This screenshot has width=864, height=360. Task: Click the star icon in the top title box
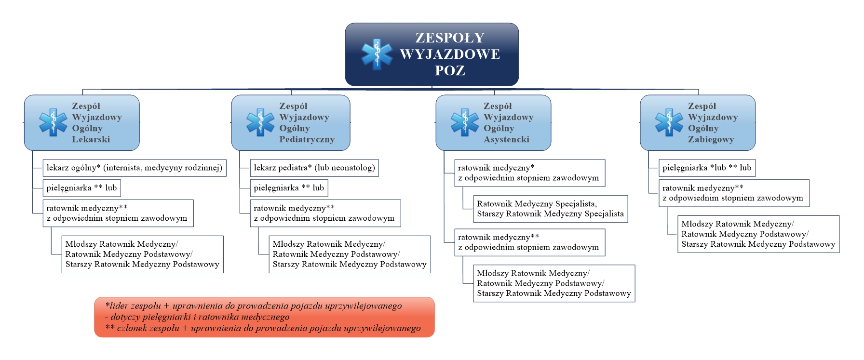pyautogui.click(x=377, y=54)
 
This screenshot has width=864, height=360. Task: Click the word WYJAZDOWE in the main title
pyautogui.click(x=450, y=54)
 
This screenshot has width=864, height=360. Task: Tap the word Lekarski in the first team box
pyautogui.click(x=91, y=139)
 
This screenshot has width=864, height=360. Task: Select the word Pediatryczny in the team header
pyautogui.click(x=307, y=139)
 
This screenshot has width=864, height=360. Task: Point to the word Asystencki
pyautogui.click(x=506, y=139)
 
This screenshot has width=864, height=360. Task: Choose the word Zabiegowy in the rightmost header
pyautogui.click(x=711, y=139)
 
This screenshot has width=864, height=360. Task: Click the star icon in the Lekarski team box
pyautogui.click(x=53, y=122)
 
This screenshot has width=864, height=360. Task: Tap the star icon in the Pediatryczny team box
pyautogui.click(x=260, y=122)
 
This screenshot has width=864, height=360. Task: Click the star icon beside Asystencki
pyautogui.click(x=465, y=122)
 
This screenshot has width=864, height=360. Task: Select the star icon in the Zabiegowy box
pyautogui.click(x=669, y=122)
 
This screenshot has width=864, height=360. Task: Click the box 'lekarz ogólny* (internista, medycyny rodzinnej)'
pyautogui.click(x=135, y=168)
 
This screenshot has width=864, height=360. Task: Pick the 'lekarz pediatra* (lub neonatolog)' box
pyautogui.click(x=314, y=168)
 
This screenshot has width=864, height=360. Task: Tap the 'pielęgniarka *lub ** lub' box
pyautogui.click(x=707, y=168)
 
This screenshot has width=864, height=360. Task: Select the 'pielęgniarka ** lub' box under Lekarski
pyautogui.click(x=81, y=188)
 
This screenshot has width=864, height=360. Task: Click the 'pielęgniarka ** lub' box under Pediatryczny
pyautogui.click(x=289, y=188)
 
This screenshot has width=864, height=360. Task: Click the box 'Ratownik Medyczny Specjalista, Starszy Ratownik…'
pyautogui.click(x=551, y=209)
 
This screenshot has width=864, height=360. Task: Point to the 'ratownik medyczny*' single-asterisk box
pyautogui.click(x=529, y=173)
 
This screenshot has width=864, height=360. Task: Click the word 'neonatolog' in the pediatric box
pyautogui.click(x=351, y=168)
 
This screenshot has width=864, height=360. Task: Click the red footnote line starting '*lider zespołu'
pyautogui.click(x=254, y=306)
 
